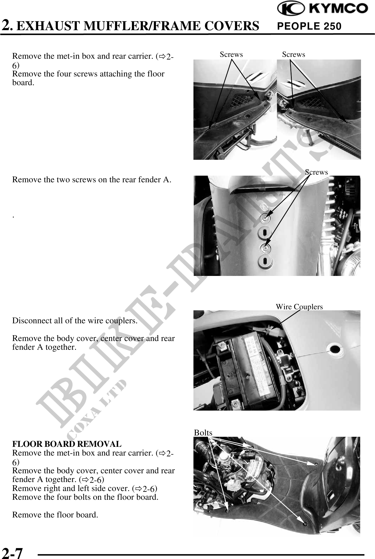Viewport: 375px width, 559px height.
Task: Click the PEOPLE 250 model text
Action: pyautogui.click(x=309, y=26)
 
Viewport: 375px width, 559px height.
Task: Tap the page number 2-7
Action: pyautogui.click(x=13, y=552)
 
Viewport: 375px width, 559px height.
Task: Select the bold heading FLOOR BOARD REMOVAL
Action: pyautogui.click(x=67, y=444)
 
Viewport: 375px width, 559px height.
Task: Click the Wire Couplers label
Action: pyautogui.click(x=299, y=307)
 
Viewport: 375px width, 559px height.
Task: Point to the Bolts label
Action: pyautogui.click(x=203, y=433)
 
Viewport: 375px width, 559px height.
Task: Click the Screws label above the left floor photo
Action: pyautogui.click(x=231, y=54)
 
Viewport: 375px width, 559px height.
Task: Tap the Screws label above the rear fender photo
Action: pyautogui.click(x=316, y=172)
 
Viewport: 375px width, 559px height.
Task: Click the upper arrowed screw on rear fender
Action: pyautogui.click(x=265, y=218)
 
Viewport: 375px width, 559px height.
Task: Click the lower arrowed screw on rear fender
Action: pyautogui.click(x=265, y=248)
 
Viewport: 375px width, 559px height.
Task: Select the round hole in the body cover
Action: pyautogui.click(x=335, y=349)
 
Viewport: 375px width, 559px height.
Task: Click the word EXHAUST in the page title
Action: pyautogui.click(x=50, y=26)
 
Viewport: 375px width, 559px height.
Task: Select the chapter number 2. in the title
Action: pyautogui.click(x=8, y=25)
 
